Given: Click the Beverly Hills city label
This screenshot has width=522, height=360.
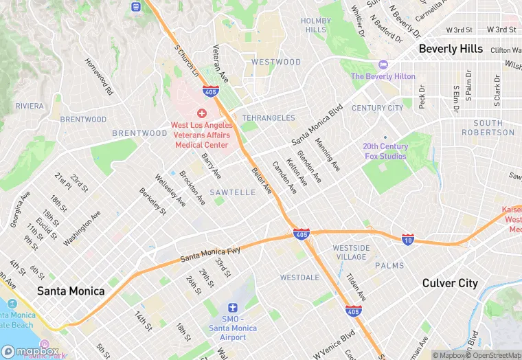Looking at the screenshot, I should [451, 49].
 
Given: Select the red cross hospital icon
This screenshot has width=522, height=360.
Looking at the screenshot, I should [202, 113].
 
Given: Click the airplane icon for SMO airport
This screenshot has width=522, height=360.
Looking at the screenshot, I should [233, 308].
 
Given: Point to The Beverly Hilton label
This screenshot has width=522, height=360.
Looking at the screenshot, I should [383, 76].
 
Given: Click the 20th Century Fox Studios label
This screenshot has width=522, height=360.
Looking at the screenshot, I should [385, 151].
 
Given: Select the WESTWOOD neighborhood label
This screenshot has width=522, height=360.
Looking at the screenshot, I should [276, 62].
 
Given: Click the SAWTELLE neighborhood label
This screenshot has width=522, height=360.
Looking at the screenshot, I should [233, 192].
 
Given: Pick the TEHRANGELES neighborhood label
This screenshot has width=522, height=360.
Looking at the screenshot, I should [269, 118].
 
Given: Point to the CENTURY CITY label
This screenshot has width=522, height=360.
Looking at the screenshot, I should [378, 108].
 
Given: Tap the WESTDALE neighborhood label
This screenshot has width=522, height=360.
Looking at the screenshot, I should [299, 278].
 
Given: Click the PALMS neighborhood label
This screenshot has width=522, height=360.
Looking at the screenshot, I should [389, 265].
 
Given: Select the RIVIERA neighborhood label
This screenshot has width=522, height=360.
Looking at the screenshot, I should [30, 106].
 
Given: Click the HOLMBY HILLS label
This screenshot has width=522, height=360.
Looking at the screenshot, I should [316, 25].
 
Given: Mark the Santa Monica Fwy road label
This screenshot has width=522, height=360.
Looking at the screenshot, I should [210, 254].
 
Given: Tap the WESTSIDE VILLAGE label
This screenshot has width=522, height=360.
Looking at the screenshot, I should [351, 252].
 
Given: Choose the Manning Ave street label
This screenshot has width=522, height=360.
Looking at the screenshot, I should [328, 155].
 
